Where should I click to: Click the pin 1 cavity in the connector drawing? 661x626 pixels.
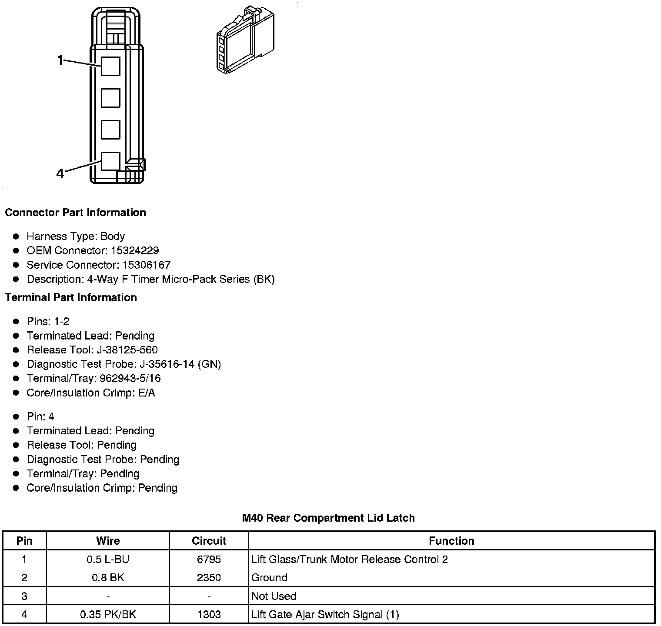(x=110, y=66)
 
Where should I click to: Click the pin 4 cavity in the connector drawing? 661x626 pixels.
(x=110, y=161)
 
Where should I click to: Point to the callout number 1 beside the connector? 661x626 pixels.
(x=60, y=60)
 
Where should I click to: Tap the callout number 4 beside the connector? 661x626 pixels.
(x=60, y=173)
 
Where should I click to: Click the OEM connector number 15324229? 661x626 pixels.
(x=135, y=251)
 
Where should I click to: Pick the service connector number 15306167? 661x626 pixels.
(x=147, y=265)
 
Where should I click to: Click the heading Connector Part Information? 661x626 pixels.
(x=75, y=213)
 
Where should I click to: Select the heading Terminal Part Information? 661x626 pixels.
(x=71, y=298)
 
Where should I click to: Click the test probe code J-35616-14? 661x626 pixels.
(x=167, y=364)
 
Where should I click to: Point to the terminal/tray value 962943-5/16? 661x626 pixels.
(x=130, y=379)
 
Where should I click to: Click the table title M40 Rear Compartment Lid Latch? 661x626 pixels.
(x=328, y=518)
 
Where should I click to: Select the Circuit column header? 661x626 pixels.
(x=209, y=541)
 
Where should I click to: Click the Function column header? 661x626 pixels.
(x=451, y=541)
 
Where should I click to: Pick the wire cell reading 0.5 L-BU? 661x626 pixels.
(x=108, y=559)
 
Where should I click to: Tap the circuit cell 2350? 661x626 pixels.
(x=209, y=578)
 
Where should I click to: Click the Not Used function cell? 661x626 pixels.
(x=274, y=596)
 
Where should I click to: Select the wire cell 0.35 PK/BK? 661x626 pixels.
(x=108, y=615)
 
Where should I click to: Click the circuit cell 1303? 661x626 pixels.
(x=209, y=615)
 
